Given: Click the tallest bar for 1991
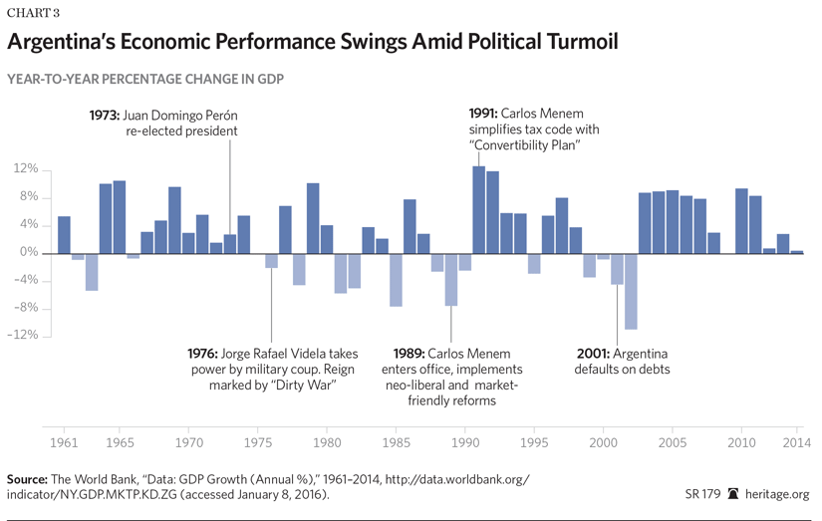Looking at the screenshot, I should pyautogui.click(x=478, y=209).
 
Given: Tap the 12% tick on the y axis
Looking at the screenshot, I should pyautogui.click(x=26, y=169).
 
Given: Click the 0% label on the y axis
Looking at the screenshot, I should pyautogui.click(x=29, y=253).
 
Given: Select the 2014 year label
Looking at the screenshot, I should pyautogui.click(x=793, y=440).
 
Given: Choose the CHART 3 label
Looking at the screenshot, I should pyautogui.click(x=31, y=12).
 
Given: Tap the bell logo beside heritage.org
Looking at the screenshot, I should pyautogui.click(x=733, y=494).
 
